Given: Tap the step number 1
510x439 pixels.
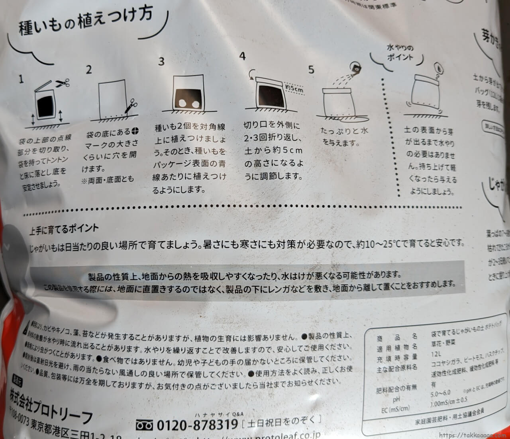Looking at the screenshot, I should pos(21,79).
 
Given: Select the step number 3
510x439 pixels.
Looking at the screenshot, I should pos(161,62).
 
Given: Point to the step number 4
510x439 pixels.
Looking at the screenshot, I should pos(242,56).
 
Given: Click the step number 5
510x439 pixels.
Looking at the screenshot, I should pos(311,70).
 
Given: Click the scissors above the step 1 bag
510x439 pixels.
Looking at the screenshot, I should pos(62,83).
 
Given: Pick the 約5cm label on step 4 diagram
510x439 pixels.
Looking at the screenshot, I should pos(294,89).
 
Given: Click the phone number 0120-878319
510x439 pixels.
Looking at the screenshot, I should pos(197,425).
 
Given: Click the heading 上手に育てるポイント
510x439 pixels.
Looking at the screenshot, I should pos(64,229).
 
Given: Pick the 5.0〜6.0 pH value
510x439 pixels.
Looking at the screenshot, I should pos(440,394).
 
